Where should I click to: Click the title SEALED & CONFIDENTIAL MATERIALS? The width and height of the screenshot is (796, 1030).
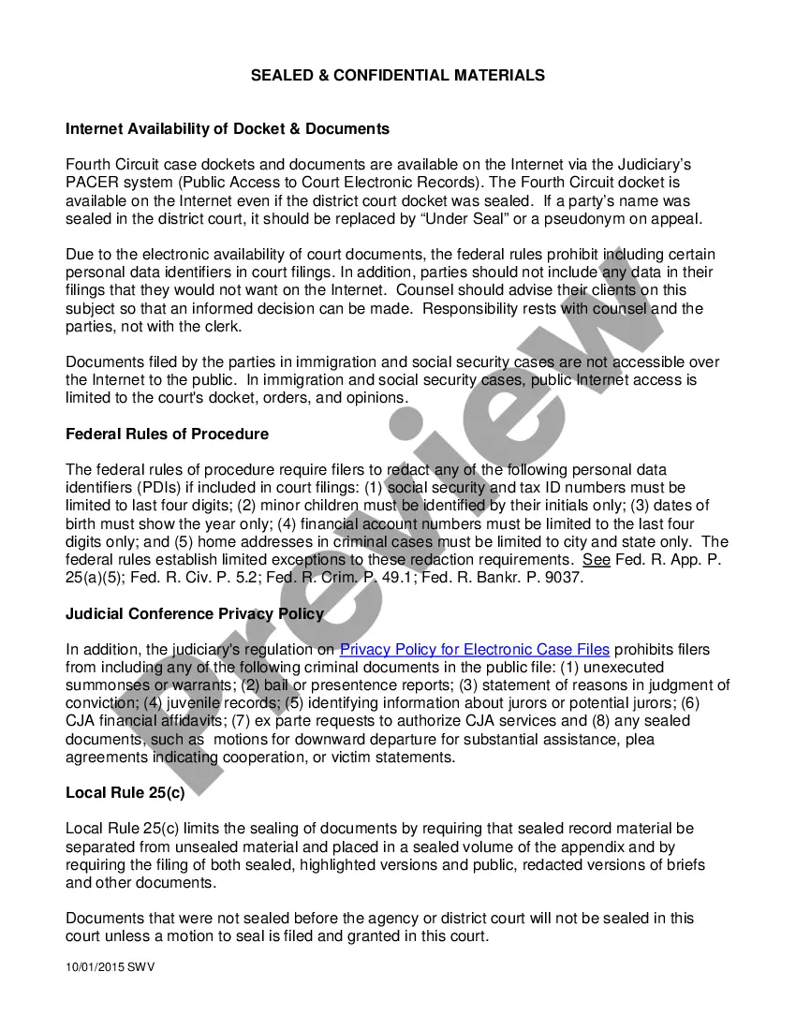[x=397, y=75]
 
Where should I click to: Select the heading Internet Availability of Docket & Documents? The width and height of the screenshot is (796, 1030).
[x=228, y=128]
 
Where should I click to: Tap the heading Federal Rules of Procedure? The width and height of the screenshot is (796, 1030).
[x=167, y=434]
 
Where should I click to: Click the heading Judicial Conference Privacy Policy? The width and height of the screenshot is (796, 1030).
[x=195, y=613]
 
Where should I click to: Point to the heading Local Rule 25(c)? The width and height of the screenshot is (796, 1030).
[x=125, y=792]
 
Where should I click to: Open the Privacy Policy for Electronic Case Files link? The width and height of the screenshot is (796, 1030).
[x=474, y=650]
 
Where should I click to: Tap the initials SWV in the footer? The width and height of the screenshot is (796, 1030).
[x=140, y=967]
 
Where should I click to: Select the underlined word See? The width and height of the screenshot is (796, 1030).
[x=597, y=560]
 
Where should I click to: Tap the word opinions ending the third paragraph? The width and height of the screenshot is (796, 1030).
[x=376, y=398]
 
